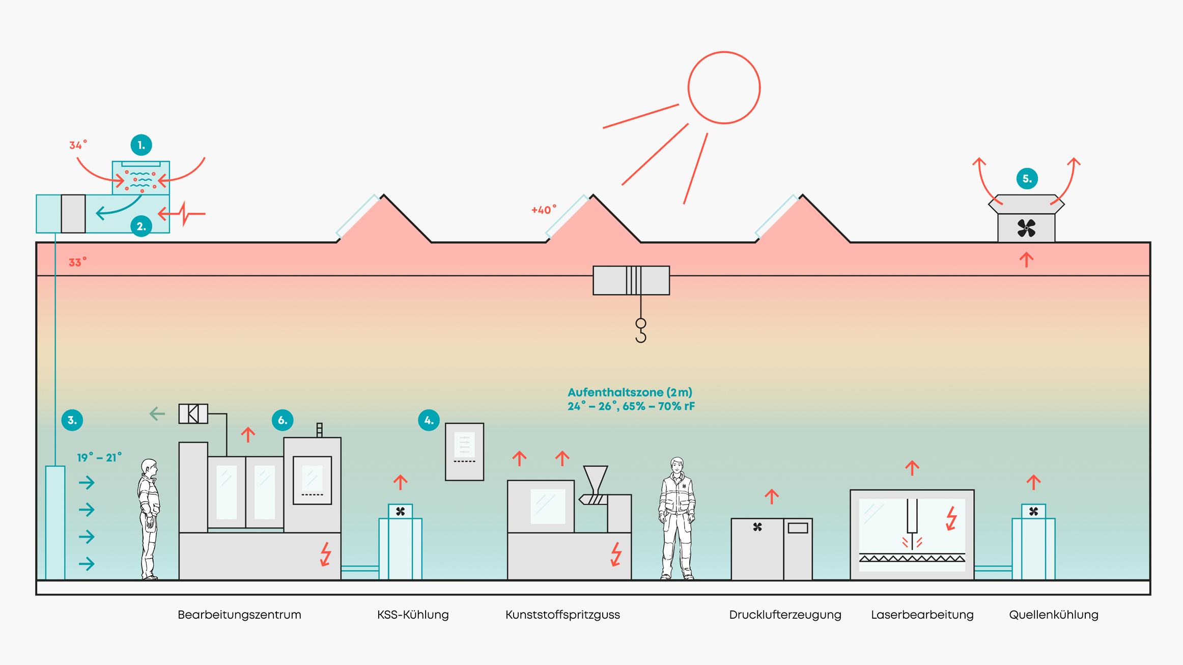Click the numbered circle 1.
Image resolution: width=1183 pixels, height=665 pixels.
(x=141, y=145)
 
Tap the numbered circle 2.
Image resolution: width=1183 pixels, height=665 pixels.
(x=141, y=226)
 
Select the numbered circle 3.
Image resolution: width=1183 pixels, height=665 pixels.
(x=72, y=420)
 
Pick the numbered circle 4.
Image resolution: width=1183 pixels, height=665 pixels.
(x=429, y=420)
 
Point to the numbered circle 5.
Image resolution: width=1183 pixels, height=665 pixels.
(x=1027, y=179)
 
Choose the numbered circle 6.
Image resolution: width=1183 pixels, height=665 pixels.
(x=283, y=420)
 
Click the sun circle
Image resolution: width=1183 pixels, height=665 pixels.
(x=724, y=88)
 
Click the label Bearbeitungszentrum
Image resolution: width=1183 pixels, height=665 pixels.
(x=239, y=615)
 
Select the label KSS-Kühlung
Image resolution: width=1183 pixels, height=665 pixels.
(x=413, y=615)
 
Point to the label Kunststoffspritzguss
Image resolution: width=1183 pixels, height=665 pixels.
(x=562, y=615)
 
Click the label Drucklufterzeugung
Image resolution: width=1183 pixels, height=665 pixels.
(x=785, y=615)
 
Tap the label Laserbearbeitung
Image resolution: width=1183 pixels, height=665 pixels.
(x=922, y=615)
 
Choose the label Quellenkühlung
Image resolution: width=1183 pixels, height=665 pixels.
(x=1053, y=615)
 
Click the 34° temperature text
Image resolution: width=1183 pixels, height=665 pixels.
(x=78, y=146)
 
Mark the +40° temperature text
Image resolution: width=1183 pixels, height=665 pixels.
(x=544, y=210)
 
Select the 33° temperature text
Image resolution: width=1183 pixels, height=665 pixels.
(x=77, y=263)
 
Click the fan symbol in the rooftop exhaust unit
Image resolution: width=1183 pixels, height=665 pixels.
(x=1026, y=228)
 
